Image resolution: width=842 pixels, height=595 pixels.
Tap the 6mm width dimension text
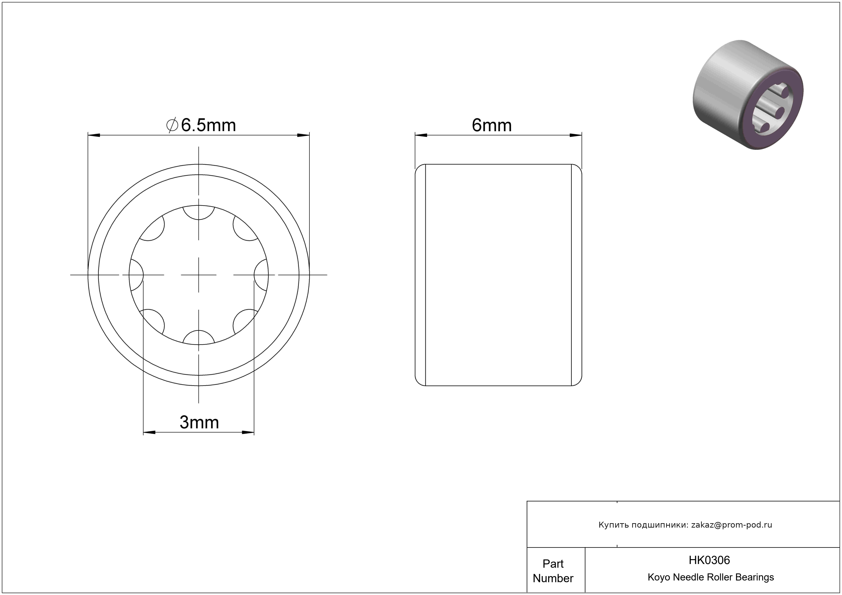pos(491,125)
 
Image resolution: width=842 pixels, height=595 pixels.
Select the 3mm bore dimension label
pos(199,422)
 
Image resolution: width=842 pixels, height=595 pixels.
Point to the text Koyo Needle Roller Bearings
pos(711,577)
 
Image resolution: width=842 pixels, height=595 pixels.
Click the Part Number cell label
pos(553,571)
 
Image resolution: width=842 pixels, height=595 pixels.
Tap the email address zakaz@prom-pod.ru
pos(732,525)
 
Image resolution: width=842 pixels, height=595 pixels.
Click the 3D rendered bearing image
pos(748,95)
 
